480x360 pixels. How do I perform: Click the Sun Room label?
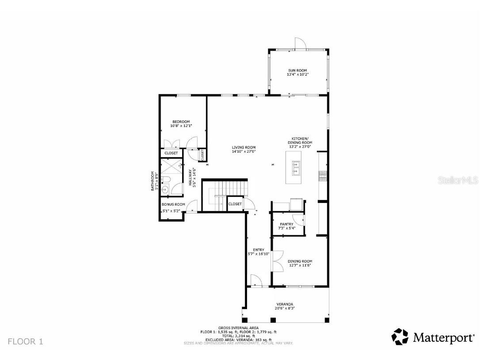(297, 70)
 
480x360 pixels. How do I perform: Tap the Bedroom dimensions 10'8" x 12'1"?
(181, 126)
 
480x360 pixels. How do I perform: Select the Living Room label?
(244, 147)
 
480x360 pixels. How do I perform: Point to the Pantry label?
(286, 224)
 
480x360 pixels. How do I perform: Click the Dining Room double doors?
(278, 261)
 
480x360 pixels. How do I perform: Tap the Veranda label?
(285, 304)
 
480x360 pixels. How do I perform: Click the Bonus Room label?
(173, 204)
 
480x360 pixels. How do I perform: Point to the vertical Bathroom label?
(154, 181)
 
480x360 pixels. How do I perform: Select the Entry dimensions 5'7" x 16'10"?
(259, 254)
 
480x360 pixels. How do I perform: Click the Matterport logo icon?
(400, 337)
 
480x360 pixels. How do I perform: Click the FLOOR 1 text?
(25, 341)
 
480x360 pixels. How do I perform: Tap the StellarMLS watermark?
(460, 180)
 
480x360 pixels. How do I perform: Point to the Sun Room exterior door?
(300, 42)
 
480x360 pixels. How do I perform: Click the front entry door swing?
(255, 280)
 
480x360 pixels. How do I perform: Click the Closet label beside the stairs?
(235, 204)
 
